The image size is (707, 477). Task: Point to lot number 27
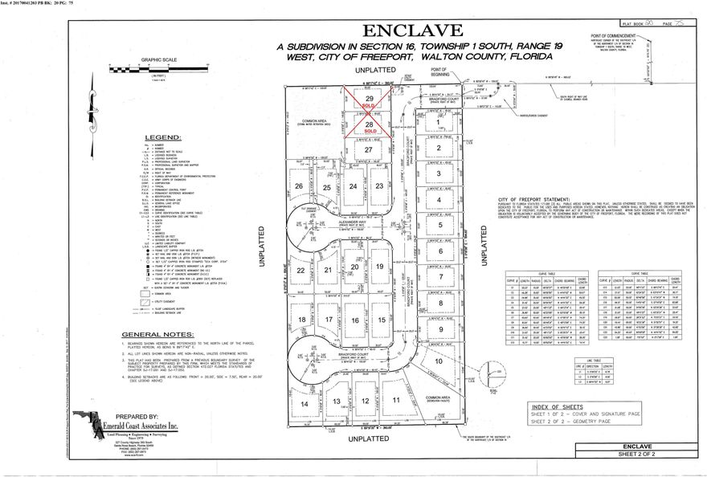coord(369,150)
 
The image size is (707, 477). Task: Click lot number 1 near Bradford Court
coord(438,122)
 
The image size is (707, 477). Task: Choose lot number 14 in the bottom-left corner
coord(304,404)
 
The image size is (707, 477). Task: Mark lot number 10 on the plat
coord(439,361)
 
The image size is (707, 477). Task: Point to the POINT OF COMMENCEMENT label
coord(619,36)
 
